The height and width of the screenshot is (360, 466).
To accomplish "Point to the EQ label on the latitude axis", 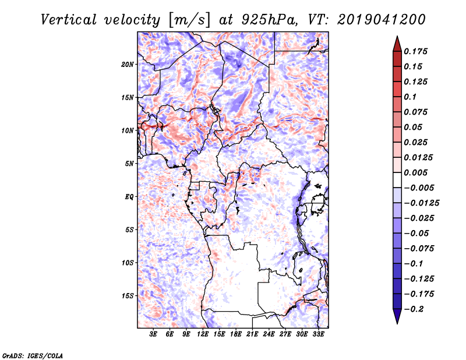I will (129, 196).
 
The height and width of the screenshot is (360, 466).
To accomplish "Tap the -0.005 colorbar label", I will (419, 188).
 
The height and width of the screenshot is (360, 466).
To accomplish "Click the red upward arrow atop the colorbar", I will (396, 43).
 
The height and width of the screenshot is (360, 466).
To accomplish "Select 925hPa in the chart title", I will (269, 19).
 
